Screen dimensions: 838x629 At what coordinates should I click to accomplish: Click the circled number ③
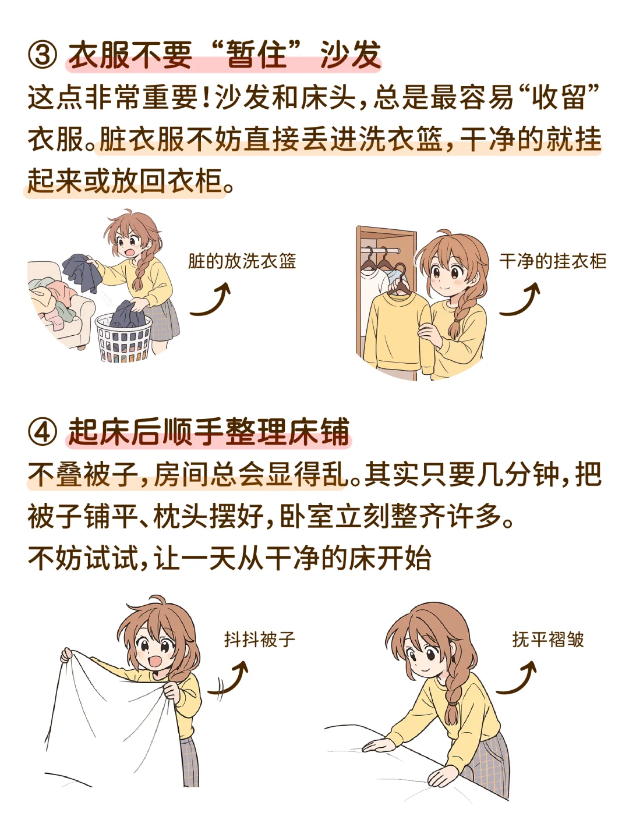click(x=43, y=56)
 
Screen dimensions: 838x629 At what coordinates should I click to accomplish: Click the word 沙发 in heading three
click(x=350, y=56)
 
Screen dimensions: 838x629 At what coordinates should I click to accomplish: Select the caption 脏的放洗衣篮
click(x=242, y=261)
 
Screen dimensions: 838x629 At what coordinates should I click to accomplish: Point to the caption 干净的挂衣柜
click(x=553, y=261)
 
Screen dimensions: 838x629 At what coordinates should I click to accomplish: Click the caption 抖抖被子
click(x=260, y=640)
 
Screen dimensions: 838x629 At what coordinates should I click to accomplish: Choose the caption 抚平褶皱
click(x=548, y=640)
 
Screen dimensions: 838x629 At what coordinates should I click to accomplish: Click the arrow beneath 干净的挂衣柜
click(x=520, y=300)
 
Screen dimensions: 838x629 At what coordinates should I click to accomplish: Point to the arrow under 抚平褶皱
click(x=517, y=678)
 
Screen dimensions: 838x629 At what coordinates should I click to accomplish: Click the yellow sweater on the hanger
click(x=398, y=329)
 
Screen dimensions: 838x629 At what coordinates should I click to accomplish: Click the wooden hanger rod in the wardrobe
click(x=381, y=250)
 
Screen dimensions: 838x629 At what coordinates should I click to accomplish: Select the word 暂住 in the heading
click(x=256, y=56)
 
